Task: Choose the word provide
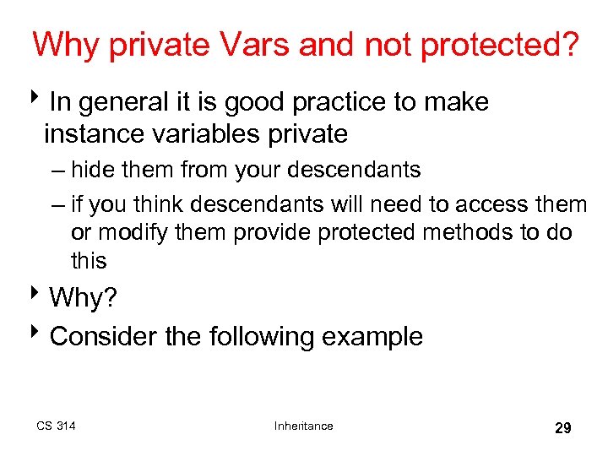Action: tap(273, 233)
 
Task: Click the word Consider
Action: tap(105, 336)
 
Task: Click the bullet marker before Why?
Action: tap(41, 296)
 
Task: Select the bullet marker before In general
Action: tap(41, 102)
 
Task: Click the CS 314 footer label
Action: tap(56, 426)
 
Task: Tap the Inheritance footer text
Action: tap(303, 426)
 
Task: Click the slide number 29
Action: tap(562, 428)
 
